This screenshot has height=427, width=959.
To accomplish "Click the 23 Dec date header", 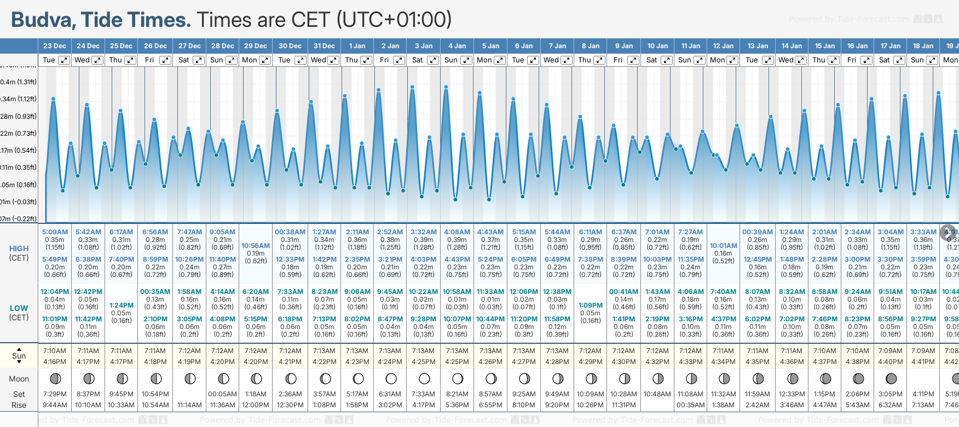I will point(55,46).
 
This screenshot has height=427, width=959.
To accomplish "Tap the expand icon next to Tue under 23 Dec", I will point(64,60).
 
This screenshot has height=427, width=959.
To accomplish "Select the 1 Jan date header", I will point(357,46).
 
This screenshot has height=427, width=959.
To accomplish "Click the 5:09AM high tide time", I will point(55,232).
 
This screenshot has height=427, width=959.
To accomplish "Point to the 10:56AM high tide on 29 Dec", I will point(256,246).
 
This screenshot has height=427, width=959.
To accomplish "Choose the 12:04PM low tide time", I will point(55,292).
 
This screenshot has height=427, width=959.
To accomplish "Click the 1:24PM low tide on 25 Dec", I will point(122,305).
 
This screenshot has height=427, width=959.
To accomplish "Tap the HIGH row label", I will point(19,249).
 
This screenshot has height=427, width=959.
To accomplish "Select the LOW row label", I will point(19,308).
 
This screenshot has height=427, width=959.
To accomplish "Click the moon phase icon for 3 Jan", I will point(424,378).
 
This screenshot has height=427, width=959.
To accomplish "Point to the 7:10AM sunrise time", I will point(55,351).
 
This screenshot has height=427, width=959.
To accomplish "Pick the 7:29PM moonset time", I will point(55,394).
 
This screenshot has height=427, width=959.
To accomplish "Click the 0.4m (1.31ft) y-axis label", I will point(19,82).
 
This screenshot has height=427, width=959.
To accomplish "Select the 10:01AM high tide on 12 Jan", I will point(724,246).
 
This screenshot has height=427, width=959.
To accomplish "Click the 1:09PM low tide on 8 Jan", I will point(591,305).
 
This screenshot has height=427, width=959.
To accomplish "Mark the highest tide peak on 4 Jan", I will point(447,86).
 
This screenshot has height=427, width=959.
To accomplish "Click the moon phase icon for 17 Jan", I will point(891,378).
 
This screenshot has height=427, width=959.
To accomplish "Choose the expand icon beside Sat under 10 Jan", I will point(667,60).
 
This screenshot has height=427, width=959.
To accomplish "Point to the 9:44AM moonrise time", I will point(55,405).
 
